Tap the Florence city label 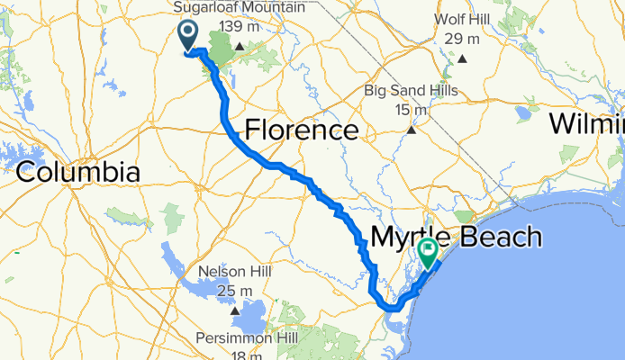302,131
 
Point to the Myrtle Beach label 455,238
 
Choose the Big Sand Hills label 411,90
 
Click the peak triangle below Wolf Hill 462,58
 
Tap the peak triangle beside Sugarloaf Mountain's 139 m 240,47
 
